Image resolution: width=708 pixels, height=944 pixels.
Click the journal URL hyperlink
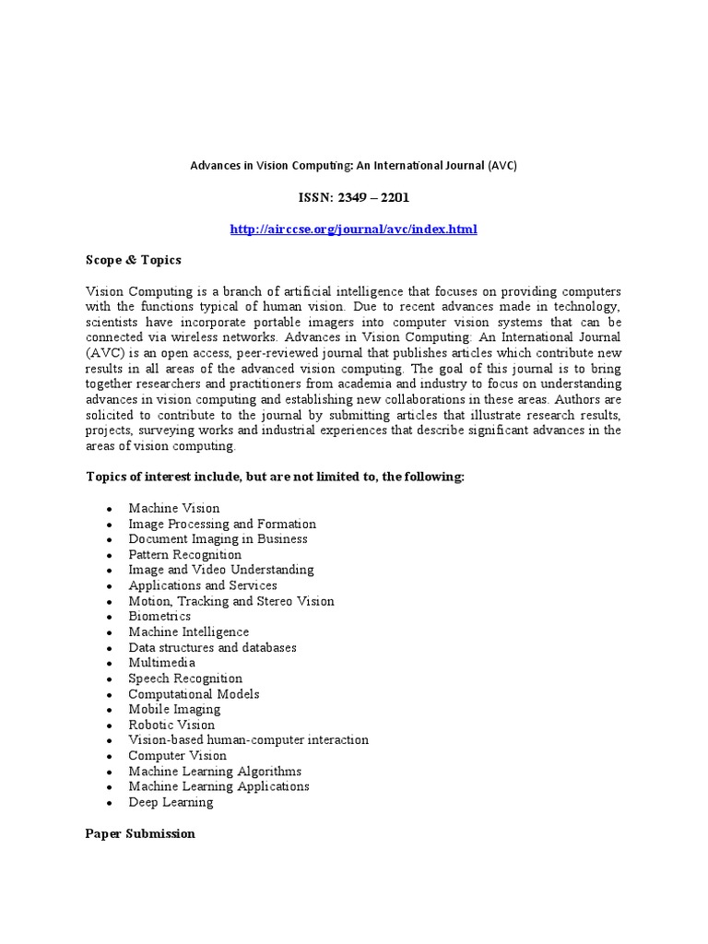click(353, 229)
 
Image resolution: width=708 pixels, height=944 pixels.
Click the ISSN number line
click(353, 197)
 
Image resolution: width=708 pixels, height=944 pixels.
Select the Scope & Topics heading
click(133, 260)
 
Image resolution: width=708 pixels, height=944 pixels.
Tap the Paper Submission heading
click(140, 833)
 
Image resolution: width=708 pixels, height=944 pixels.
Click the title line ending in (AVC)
click(353, 166)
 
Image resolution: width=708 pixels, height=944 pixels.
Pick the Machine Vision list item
click(174, 508)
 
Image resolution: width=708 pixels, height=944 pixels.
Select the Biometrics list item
click(159, 616)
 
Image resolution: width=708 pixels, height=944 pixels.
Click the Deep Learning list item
click(171, 802)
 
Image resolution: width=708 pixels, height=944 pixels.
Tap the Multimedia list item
click(161, 663)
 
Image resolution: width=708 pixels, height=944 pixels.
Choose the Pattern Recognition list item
click(184, 555)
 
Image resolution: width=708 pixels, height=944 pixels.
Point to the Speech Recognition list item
click(185, 678)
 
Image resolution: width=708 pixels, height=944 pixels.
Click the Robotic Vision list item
click(171, 725)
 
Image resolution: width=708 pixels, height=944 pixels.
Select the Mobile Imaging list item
click(174, 709)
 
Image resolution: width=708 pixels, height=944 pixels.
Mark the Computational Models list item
click(194, 694)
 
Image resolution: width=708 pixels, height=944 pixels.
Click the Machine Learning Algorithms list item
click(215, 771)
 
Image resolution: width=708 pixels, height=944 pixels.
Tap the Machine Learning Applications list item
click(218, 786)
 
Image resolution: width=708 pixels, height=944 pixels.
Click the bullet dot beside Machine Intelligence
click(109, 633)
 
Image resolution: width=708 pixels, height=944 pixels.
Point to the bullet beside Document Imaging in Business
click(109, 540)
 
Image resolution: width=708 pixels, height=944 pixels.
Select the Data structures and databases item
click(212, 647)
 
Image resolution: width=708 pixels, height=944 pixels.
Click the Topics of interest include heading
click(275, 477)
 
